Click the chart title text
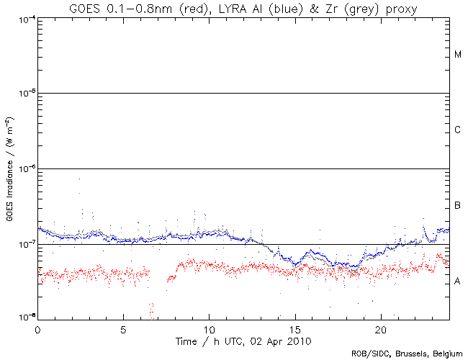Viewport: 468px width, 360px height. tap(243, 8)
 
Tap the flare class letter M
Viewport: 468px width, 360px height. tap(457, 55)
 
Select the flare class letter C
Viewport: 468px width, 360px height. tap(457, 130)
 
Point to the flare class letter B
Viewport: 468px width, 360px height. tap(457, 207)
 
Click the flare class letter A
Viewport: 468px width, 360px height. tap(457, 282)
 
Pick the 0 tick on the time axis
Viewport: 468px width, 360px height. tap(37, 328)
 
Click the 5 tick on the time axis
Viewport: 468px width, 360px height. tap(123, 328)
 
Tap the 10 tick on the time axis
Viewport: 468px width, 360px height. tap(209, 328)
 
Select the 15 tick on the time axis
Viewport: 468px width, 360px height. tap(295, 328)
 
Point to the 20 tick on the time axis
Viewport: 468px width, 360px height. tap(381, 328)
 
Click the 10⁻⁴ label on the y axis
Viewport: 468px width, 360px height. tap(24, 18)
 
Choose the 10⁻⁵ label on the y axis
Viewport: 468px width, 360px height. tap(24, 93)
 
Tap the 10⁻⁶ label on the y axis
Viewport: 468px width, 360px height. tap(24, 168)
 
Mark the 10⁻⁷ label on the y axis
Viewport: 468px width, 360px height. tap(24, 244)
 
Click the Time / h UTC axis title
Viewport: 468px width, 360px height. tap(243, 339)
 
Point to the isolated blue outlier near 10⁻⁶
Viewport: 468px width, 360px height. tap(79, 179)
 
